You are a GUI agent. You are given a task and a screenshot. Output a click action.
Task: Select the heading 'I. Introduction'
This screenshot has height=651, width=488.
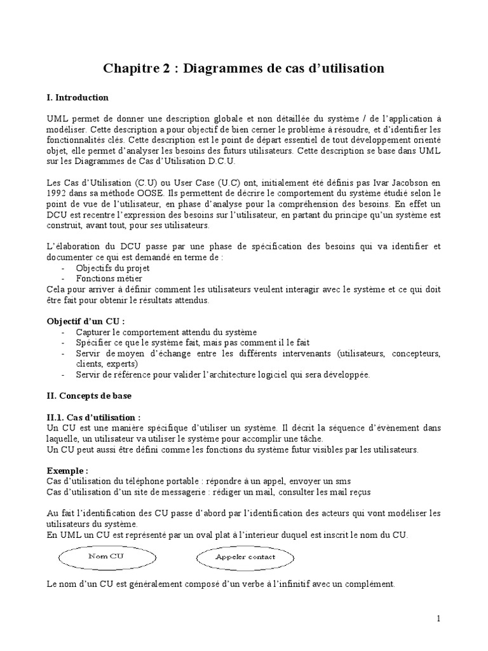click(78, 98)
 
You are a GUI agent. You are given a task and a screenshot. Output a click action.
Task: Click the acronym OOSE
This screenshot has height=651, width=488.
click(147, 193)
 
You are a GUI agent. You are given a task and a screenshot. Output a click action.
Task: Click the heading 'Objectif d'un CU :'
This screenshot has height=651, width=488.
click(86, 321)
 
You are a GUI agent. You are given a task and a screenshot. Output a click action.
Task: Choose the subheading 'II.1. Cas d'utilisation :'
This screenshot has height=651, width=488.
click(93, 418)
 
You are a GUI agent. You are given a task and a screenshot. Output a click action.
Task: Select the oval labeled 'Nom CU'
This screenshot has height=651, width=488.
click(105, 558)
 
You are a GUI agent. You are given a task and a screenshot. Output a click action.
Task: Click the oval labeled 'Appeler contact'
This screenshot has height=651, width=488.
click(245, 558)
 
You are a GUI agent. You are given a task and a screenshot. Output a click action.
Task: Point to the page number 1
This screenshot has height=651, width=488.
click(438, 618)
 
